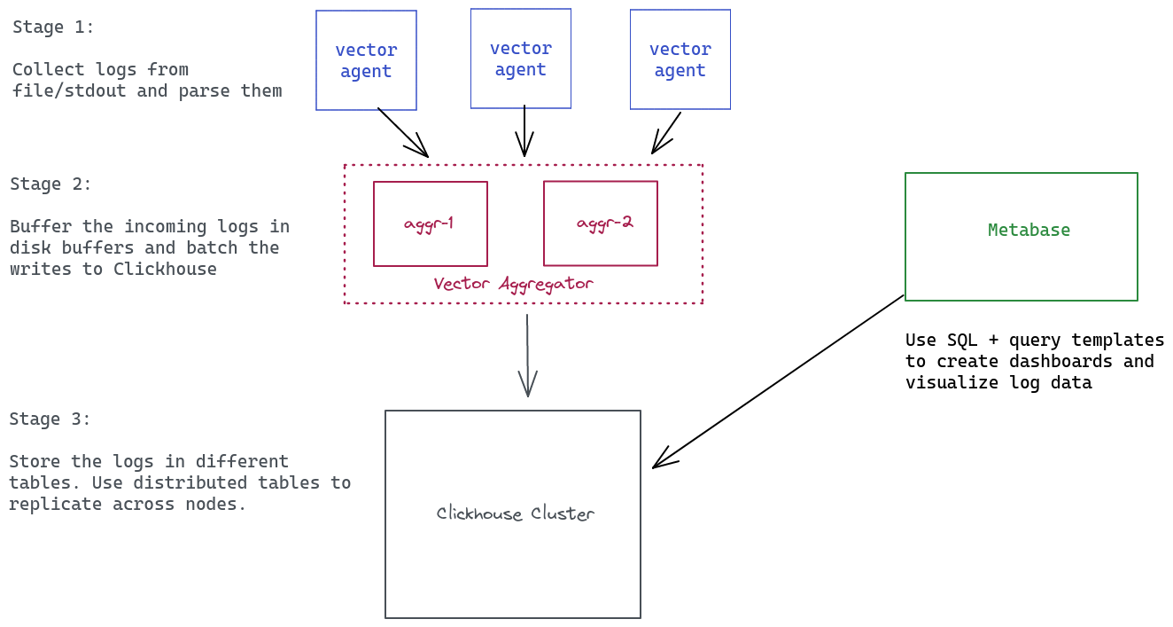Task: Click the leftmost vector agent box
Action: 366,60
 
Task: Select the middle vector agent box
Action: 521,59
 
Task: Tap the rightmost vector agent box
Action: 680,59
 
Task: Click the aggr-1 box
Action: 430,223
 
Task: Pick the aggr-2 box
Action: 601,223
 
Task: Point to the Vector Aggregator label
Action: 513,284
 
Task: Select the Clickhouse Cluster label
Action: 515,513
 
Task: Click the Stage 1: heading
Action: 53,27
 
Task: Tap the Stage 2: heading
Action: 51,184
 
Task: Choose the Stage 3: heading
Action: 50,419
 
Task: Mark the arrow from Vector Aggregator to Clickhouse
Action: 527,355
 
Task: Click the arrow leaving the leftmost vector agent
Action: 402,132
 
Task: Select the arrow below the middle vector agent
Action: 524,130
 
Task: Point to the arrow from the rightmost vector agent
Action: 666,133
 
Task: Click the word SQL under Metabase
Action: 962,341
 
